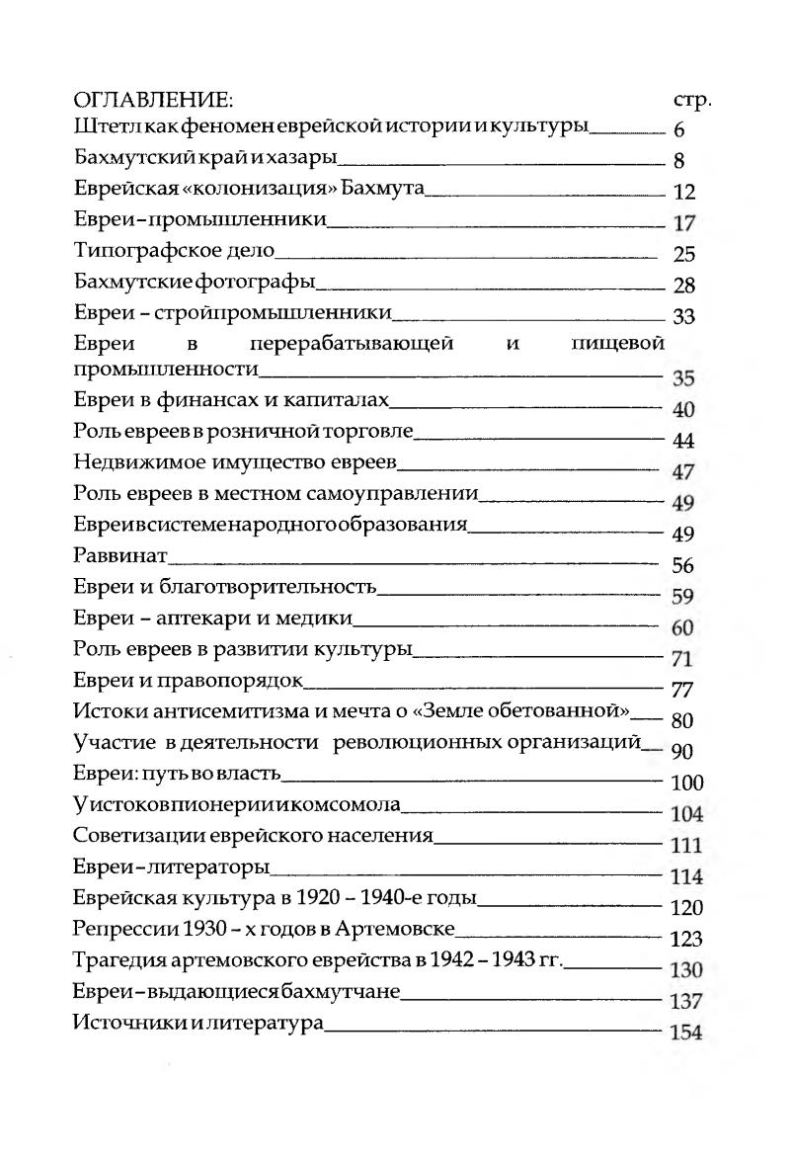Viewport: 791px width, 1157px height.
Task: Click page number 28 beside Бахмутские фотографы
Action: click(684, 287)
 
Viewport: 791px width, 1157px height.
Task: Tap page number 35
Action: click(684, 378)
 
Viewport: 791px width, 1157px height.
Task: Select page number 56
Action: click(683, 567)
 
